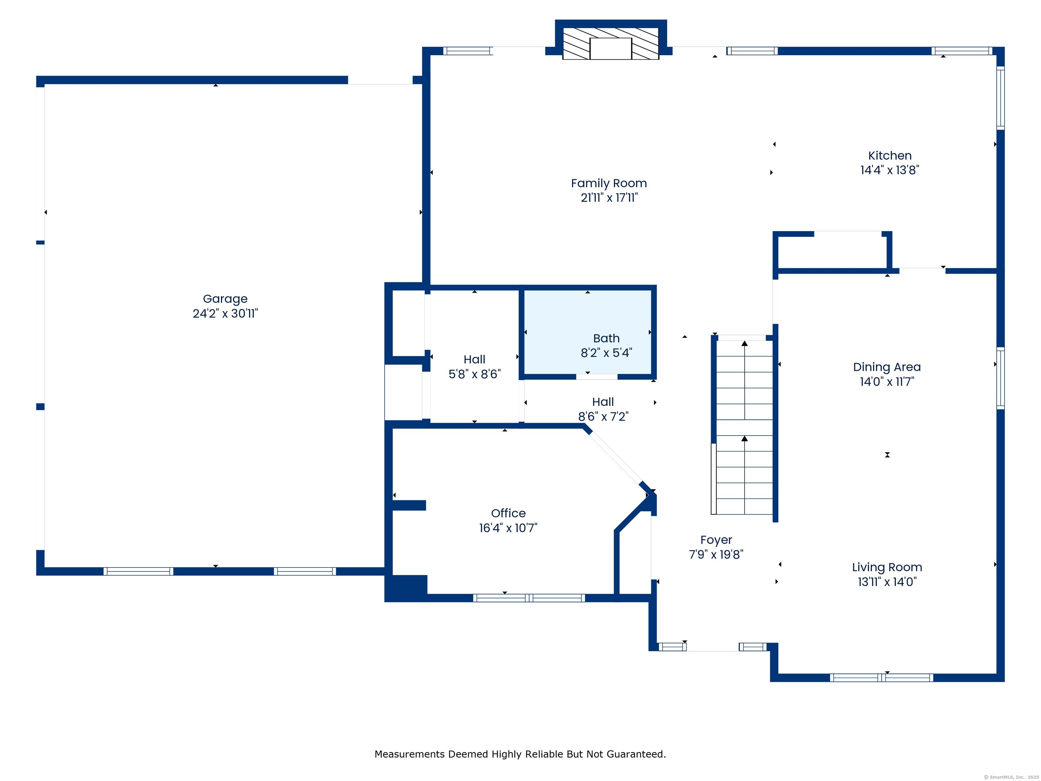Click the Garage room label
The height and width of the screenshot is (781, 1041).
click(225, 299)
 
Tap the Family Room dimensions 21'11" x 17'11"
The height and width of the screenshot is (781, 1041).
click(609, 198)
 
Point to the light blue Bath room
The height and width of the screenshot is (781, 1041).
click(588, 333)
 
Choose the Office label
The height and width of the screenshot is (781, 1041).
click(508, 513)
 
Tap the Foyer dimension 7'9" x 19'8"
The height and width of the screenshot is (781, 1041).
click(716, 555)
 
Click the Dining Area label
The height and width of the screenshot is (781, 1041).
click(886, 367)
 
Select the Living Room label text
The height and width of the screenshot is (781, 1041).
click(886, 567)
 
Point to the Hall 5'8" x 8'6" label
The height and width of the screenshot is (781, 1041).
click(474, 367)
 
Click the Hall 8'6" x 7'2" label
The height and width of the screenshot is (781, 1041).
click(603, 409)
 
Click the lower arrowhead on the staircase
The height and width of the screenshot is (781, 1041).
click(744, 439)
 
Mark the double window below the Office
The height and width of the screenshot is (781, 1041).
click(529, 598)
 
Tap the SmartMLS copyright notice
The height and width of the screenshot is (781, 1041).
click(1011, 777)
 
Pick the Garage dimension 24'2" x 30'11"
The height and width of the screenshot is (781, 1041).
click(225, 314)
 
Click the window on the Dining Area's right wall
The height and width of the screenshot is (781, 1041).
click(1001, 378)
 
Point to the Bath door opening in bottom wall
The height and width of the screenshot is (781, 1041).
click(597, 377)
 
